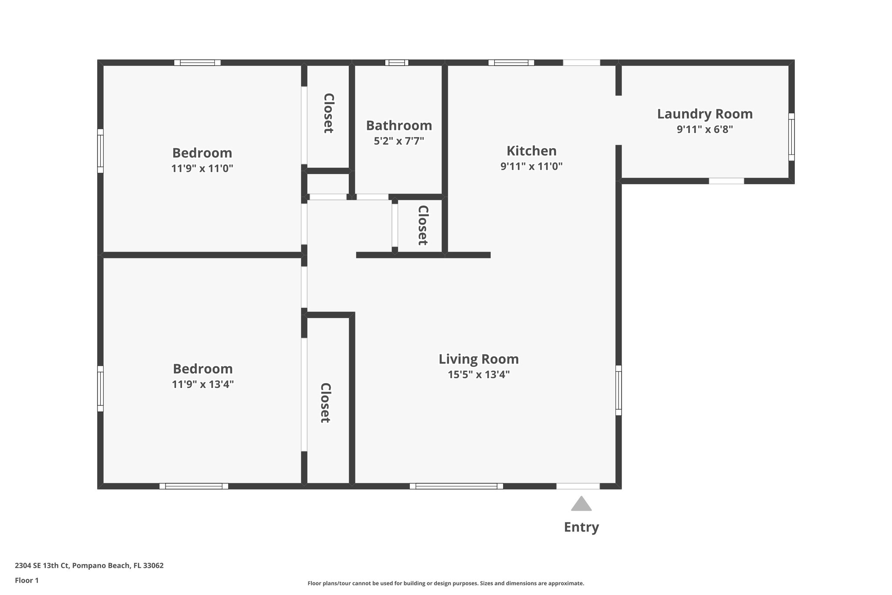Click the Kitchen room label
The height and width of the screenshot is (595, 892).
click(531, 151)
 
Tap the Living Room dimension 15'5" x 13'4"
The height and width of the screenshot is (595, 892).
click(479, 374)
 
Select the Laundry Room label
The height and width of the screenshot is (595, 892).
click(705, 114)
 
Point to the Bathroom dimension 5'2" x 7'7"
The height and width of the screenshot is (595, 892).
click(399, 141)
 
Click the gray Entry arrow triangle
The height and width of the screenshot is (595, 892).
click(581, 504)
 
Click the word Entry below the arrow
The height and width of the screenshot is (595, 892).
click(581, 527)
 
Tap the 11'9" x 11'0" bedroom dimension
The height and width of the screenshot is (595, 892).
click(202, 168)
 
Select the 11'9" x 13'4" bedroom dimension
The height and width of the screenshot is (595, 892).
click(203, 384)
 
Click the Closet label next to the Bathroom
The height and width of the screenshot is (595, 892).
click(328, 113)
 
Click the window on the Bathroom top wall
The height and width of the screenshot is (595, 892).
click(396, 63)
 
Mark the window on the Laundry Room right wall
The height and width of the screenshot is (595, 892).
click(791, 137)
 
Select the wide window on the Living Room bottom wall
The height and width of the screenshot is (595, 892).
click(456, 486)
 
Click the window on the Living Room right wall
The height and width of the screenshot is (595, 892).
click(618, 390)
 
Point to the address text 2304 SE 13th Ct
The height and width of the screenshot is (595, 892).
click(89, 565)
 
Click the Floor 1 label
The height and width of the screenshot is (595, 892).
click(27, 580)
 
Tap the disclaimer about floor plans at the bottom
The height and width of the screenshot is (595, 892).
click(446, 583)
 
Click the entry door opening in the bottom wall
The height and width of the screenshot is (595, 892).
click(578, 486)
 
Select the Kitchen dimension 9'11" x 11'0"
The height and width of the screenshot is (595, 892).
click(531, 166)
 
